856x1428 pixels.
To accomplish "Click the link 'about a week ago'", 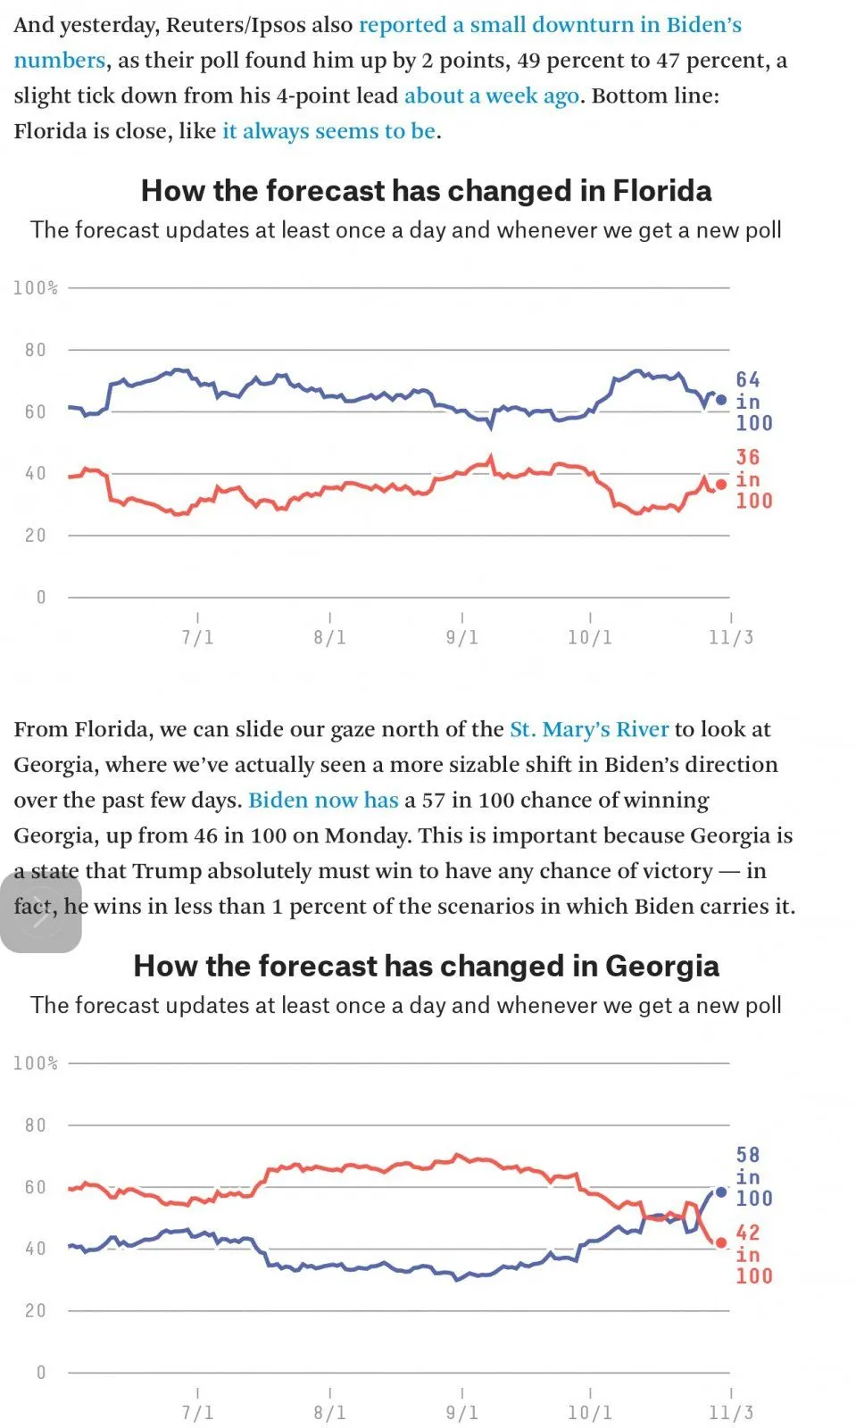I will click(491, 96).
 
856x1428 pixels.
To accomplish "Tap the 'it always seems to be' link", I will click(328, 132).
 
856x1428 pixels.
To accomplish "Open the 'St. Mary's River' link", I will click(588, 730).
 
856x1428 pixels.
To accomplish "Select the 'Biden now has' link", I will click(323, 801).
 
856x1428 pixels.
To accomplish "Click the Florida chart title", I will click(427, 191).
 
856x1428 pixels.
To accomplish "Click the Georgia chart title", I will click(427, 967).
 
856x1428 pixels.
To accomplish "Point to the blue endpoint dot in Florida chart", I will click(721, 401).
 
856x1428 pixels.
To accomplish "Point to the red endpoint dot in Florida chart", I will click(721, 485).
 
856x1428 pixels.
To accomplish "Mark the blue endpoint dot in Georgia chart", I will click(721, 1192).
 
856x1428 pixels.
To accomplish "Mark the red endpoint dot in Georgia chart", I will click(721, 1243).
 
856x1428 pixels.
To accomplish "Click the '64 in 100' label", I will click(753, 402).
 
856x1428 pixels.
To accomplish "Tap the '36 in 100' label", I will click(753, 479).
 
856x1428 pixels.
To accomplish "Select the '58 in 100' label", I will click(753, 1177).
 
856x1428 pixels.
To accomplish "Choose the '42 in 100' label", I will click(753, 1255).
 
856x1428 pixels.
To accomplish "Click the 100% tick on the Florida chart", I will click(36, 288).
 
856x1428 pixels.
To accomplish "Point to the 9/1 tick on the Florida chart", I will click(461, 637).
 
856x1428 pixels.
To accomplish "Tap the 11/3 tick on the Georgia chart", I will click(731, 1413).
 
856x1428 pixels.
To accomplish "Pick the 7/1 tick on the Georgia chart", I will click(197, 1413).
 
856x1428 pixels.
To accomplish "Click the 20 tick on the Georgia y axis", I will click(35, 1311).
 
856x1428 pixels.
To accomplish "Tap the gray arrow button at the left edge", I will click(40, 913).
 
